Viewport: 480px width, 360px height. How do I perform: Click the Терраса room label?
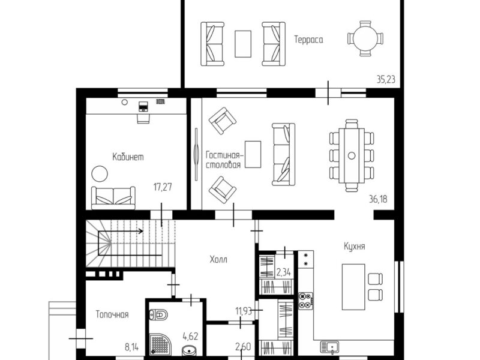pyautogui.click(x=308, y=40)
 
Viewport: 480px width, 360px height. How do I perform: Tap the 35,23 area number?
pyautogui.click(x=386, y=80)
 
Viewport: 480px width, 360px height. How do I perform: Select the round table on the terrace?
pyautogui.click(x=365, y=38)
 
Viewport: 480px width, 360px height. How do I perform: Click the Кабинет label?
pyautogui.click(x=128, y=157)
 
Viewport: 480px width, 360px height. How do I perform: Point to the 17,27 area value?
pyautogui.click(x=163, y=187)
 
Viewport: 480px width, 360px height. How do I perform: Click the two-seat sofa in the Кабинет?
pyautogui.click(x=113, y=198)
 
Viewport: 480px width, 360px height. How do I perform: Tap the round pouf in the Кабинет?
pyautogui.click(x=100, y=174)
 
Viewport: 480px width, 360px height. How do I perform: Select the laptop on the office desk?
pyautogui.click(x=143, y=106)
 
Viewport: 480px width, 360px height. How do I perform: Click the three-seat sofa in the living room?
pyautogui.click(x=283, y=154)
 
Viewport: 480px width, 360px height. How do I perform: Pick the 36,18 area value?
pyautogui.click(x=378, y=199)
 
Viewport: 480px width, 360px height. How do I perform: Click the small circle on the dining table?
pyautogui.click(x=352, y=155)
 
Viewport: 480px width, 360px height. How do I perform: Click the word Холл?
pyautogui.click(x=218, y=260)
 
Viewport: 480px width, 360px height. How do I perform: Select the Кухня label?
pyautogui.click(x=354, y=247)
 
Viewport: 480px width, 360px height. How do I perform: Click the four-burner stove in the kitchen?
pyautogui.click(x=306, y=301)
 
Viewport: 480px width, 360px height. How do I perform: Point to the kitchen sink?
pyautogui.click(x=329, y=347)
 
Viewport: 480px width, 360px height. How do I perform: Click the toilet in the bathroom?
pyautogui.click(x=158, y=314)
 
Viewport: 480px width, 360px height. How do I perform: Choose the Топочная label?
pyautogui.click(x=112, y=314)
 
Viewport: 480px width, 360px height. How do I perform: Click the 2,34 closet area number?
pyautogui.click(x=284, y=272)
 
